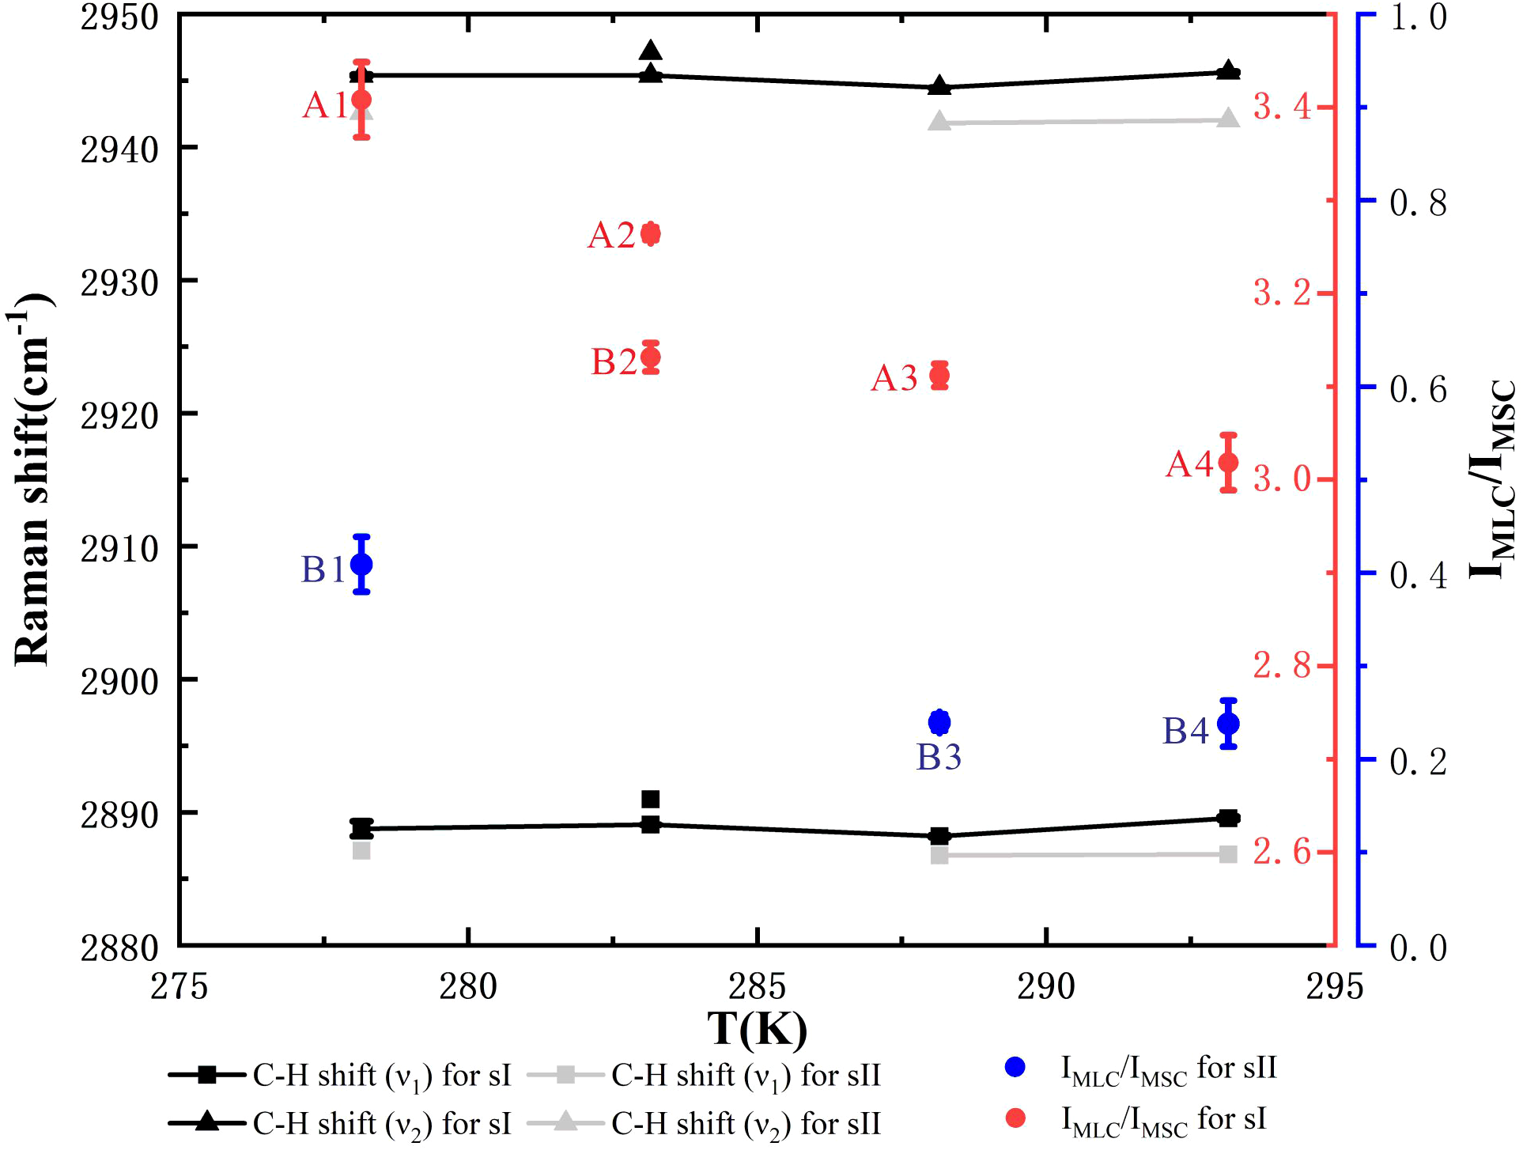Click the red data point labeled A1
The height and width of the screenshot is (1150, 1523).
[361, 100]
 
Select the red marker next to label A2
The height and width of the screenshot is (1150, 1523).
[651, 233]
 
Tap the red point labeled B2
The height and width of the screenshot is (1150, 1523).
[651, 357]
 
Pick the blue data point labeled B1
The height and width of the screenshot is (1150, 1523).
[361, 564]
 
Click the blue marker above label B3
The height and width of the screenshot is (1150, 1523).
[939, 722]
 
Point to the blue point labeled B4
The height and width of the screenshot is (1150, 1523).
[1228, 723]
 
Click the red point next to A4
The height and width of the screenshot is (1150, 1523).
[1228, 463]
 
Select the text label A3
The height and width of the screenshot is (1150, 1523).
[894, 378]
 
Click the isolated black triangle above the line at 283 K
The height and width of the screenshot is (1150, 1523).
[651, 51]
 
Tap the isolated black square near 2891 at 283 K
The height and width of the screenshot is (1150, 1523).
[651, 799]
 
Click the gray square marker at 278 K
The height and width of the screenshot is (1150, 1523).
[361, 851]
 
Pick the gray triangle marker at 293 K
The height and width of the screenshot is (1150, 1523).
[1228, 119]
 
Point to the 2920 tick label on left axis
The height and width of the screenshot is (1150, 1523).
[119, 414]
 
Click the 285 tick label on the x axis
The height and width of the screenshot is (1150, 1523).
[757, 986]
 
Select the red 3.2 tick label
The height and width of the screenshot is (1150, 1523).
[1282, 293]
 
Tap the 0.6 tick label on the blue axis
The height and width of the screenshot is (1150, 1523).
[1418, 388]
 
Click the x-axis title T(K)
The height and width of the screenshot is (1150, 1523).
[757, 1029]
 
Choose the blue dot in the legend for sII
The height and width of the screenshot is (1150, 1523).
[1015, 1067]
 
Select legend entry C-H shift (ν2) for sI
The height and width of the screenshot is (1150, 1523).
[340, 1123]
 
